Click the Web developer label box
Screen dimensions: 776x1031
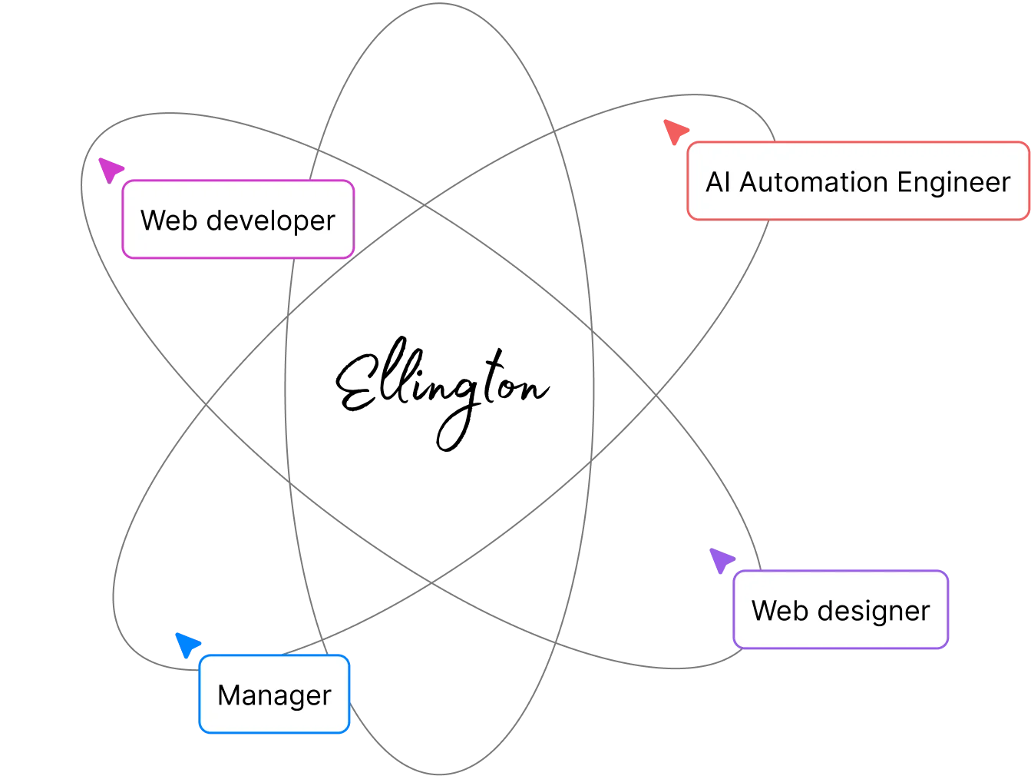(238, 220)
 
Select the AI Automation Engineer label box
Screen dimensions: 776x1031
(858, 181)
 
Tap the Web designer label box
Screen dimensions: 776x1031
(841, 610)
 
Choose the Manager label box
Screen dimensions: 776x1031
(274, 694)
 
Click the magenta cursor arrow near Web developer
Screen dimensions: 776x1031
(111, 168)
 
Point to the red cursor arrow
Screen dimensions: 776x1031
(676, 131)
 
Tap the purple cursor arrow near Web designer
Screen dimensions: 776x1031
(720, 560)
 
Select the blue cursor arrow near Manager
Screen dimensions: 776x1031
(187, 643)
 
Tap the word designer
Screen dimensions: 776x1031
(874, 611)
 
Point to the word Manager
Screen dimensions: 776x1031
(274, 695)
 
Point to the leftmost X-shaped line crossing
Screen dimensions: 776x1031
(206, 404)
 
